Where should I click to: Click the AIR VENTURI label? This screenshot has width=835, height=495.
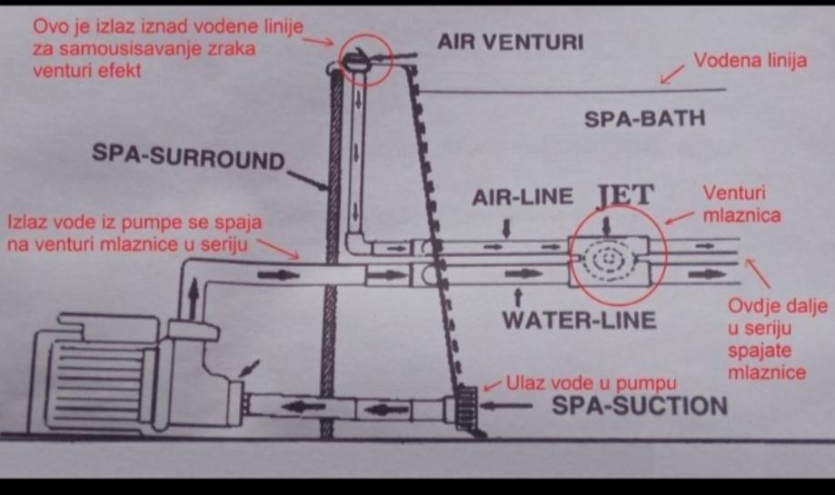point(510,42)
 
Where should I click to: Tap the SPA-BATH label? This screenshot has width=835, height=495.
point(644,118)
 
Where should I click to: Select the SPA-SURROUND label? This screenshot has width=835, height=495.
point(188,158)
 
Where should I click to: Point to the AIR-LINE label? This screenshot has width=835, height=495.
point(523,197)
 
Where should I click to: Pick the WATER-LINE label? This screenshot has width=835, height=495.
point(579,321)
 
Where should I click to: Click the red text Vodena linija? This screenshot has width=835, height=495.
point(750,62)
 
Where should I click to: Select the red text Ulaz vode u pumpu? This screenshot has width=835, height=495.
point(591,382)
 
